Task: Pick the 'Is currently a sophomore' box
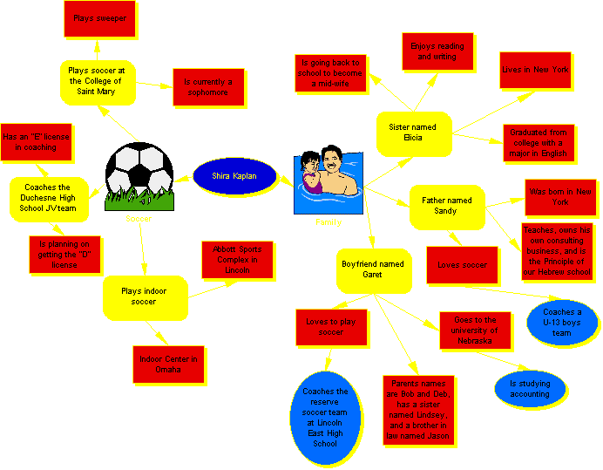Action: coord(207,86)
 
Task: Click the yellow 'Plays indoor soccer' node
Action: coord(146,296)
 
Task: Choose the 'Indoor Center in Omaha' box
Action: coord(168,364)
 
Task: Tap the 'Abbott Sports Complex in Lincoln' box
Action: coord(237,259)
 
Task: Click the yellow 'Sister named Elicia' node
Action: coord(412,133)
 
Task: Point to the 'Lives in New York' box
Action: coord(535,70)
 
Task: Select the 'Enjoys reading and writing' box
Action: coord(437,51)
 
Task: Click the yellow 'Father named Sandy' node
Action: coord(446,206)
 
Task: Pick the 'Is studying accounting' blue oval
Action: coord(530,389)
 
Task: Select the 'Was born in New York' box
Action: coord(560,196)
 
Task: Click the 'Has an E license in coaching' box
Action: coord(36,142)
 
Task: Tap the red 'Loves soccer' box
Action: coord(462,264)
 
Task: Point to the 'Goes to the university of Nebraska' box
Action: coord(474,330)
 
